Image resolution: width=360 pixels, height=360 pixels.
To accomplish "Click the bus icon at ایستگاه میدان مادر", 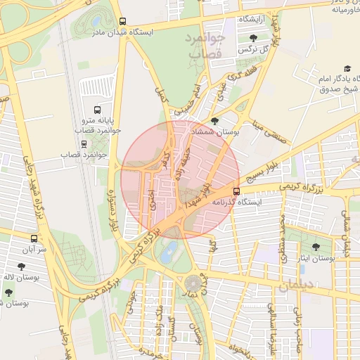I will coord(124,21).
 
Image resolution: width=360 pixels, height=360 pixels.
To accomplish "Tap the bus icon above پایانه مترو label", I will coord(97,110).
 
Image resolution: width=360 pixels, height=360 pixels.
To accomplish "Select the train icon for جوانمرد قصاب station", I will coord(84,144).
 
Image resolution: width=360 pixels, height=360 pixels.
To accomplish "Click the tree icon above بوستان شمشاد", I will coord(214,122).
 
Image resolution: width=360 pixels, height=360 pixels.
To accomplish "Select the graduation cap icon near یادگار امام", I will coord(347,68).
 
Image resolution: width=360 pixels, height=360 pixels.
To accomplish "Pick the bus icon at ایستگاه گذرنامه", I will coord(236,191).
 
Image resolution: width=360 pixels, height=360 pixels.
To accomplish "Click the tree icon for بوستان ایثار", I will coord(314,247).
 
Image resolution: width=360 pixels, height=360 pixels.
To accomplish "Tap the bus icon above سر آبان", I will coord(34,239).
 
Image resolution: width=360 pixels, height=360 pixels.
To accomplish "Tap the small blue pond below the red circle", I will coord(167,256).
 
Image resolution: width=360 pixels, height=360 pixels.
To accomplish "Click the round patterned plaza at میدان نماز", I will coord(192,285).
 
